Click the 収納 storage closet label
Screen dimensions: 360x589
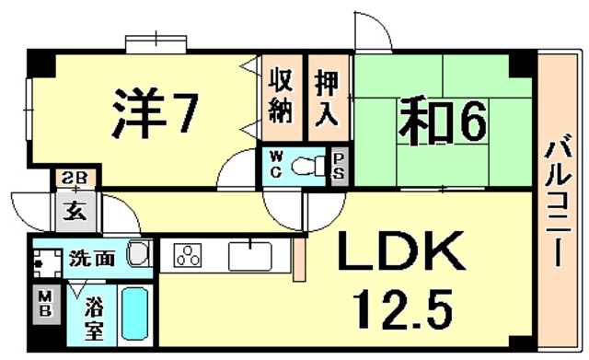[282, 97]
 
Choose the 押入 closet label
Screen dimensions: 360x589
[329, 97]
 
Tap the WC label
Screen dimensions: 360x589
[275, 168]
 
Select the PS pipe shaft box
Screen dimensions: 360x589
[339, 168]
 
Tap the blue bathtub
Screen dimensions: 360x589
[135, 316]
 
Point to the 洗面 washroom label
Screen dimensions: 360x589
[93, 258]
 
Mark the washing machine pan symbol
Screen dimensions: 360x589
[44, 261]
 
